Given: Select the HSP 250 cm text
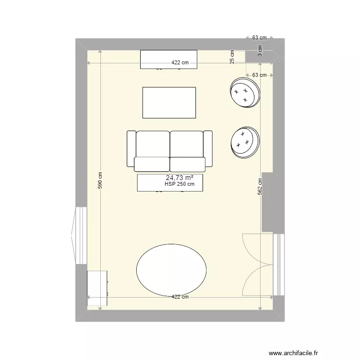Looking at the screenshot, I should point(180,184).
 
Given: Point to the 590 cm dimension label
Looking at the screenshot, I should point(100,181).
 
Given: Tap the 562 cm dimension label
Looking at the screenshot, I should point(260,186).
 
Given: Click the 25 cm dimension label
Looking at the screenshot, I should point(232,57).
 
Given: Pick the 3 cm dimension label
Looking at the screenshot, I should point(260,51).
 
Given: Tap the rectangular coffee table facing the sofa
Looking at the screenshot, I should point(169,102).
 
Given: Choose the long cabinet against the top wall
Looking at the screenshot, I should point(168,59).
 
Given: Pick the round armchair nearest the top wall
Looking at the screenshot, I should point(245,93).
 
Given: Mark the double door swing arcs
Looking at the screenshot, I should point(257,264).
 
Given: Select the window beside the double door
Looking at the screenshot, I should point(277,264).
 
